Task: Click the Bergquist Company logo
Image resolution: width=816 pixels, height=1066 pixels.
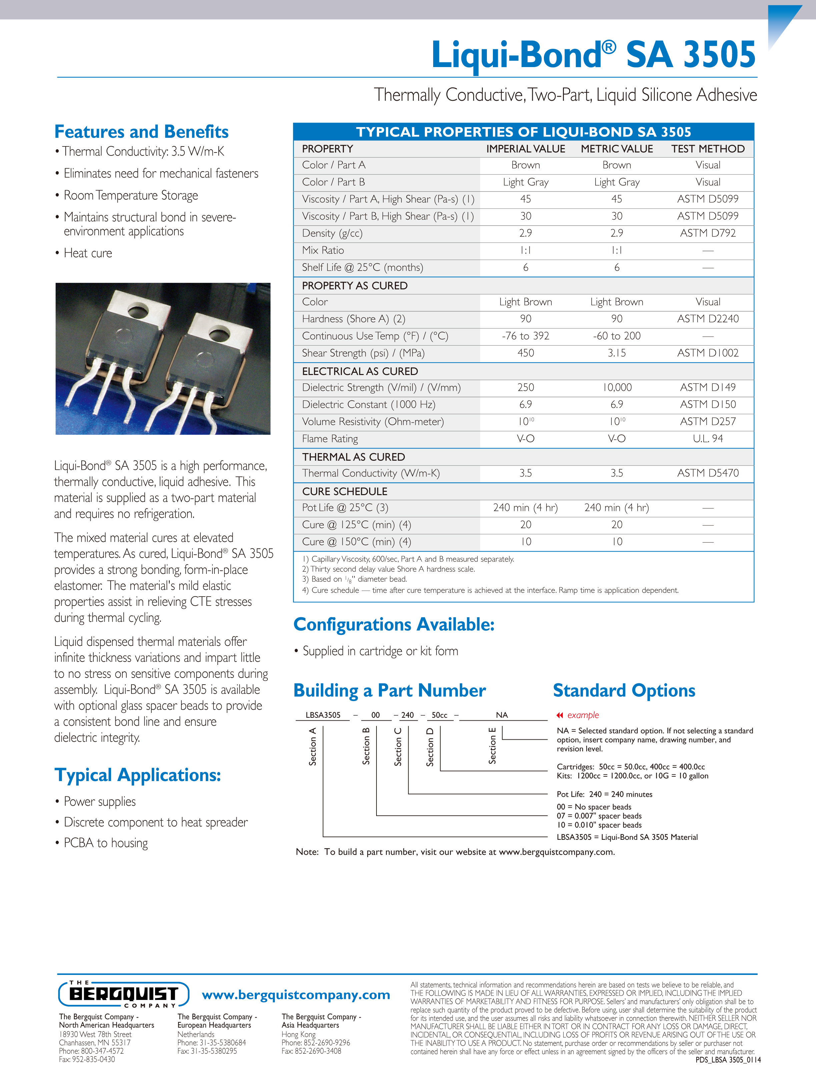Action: [123, 994]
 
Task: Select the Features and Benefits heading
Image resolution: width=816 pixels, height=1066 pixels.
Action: [141, 132]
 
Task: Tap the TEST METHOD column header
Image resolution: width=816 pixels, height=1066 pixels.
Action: [708, 149]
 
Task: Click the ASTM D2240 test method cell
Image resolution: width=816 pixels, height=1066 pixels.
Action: [708, 319]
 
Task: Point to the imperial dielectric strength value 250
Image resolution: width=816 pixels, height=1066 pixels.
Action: [526, 387]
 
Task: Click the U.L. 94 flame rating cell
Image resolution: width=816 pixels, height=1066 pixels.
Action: [708, 439]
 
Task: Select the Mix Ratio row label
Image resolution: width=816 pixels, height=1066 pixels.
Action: [323, 250]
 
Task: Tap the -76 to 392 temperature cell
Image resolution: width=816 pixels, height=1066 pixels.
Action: [526, 336]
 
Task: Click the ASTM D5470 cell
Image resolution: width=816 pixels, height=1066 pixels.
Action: [708, 473]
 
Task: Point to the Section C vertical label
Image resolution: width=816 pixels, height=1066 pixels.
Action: [398, 747]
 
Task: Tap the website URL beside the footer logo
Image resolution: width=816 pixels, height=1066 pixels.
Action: [296, 995]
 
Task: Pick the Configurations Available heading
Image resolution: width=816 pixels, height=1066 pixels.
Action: [394, 624]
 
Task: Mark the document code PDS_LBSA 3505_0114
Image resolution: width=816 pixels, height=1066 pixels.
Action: [728, 1060]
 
